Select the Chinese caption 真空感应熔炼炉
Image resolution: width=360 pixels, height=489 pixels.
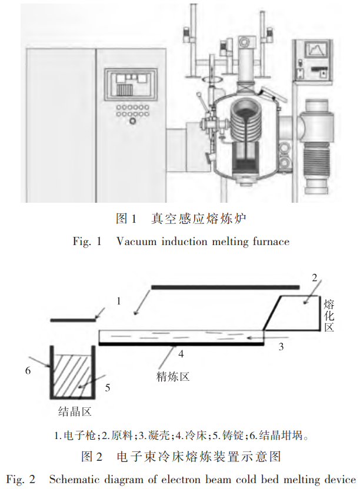click(x=198, y=219)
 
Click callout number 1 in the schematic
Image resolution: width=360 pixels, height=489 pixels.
click(x=118, y=301)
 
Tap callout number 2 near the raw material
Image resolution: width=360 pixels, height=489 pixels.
click(x=314, y=277)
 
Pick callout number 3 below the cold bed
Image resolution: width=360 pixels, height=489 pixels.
click(x=281, y=347)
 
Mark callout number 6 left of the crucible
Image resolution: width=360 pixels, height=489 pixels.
click(x=27, y=371)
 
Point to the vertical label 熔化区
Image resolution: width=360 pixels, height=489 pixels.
click(x=329, y=315)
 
